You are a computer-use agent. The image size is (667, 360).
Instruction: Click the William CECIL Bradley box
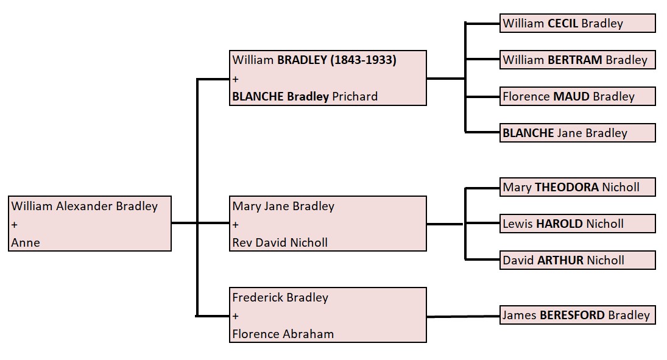coord(577,24)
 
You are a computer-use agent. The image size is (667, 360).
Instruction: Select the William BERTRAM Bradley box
coord(577,60)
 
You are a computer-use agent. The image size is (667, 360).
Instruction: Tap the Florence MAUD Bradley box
coord(577,96)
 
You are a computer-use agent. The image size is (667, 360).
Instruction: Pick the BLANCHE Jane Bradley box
coord(577,133)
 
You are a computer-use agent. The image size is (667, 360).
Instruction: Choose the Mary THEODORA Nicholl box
coord(577,187)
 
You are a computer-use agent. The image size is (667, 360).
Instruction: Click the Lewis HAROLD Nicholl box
coord(577,224)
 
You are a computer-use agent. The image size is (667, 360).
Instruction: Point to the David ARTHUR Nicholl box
coord(577,260)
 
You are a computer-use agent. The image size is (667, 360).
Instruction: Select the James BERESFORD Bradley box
coord(577,315)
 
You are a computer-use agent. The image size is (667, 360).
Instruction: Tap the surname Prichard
coord(355,96)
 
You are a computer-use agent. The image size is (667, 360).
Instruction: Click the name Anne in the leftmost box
coord(26,242)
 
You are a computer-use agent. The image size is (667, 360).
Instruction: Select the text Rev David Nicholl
coord(280,242)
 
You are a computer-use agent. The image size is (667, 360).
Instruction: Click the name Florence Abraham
coord(283,334)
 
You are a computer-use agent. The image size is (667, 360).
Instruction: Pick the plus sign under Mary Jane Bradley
coord(236,225)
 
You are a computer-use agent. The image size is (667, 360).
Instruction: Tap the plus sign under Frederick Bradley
coord(236,316)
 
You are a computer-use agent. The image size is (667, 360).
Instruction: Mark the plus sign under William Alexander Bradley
coord(15,225)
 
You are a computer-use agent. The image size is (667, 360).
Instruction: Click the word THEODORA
coord(567,187)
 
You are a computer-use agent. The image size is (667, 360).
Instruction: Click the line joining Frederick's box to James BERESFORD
coord(463,316)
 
